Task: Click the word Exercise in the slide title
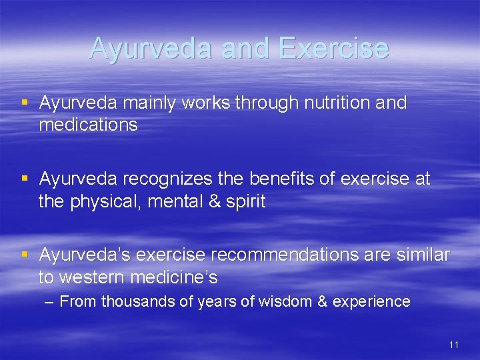pyautogui.click(x=333, y=48)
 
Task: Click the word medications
pyautogui.click(x=88, y=125)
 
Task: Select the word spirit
pyautogui.click(x=245, y=201)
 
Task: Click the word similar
pyautogui.click(x=423, y=255)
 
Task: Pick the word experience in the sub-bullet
pyautogui.click(x=371, y=302)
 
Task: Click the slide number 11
pyautogui.click(x=454, y=345)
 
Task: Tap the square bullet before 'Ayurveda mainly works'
pyautogui.click(x=25, y=103)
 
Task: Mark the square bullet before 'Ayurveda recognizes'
pyautogui.click(x=25, y=179)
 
